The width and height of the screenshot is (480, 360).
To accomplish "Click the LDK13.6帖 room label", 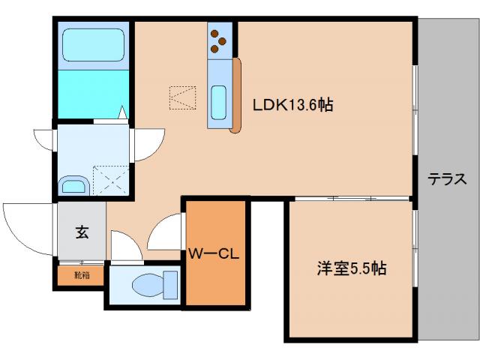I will coord(292,105).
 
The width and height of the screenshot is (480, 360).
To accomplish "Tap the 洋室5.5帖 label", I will coord(351,268).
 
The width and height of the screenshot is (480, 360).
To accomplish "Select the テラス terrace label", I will coord(448,179).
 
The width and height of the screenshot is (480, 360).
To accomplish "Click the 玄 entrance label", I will coord(81,232).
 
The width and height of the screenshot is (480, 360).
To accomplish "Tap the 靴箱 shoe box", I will coord(80,275).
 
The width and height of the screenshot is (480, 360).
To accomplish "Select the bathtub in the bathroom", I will coord(93,44).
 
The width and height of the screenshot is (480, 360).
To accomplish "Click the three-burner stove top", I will coord(219,41).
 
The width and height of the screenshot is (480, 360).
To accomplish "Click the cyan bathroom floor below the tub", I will coord(93,94).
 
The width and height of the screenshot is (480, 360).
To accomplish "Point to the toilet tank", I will coord(170,284).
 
